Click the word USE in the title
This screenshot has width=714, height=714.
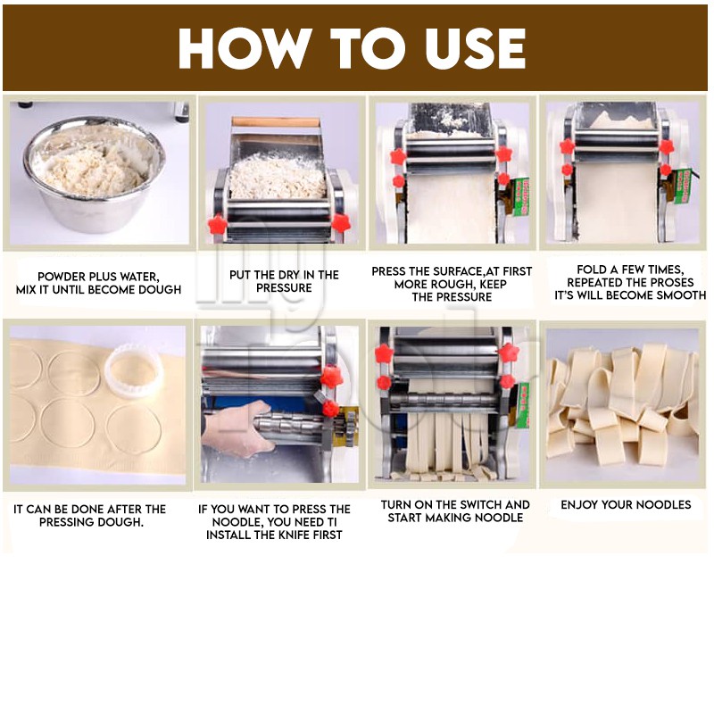[x=476, y=48]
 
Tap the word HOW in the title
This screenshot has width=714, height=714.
[x=245, y=48]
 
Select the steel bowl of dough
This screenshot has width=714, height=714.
[x=95, y=173]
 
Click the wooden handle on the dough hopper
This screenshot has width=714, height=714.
[x=276, y=122]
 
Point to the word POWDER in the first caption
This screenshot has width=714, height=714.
[x=62, y=277]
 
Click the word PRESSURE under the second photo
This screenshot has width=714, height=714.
[x=284, y=287]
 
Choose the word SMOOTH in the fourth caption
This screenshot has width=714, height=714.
[x=682, y=295]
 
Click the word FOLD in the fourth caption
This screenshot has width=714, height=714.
[x=590, y=270]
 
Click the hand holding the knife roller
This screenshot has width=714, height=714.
[x=236, y=428]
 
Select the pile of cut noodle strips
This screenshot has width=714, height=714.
[x=623, y=405]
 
